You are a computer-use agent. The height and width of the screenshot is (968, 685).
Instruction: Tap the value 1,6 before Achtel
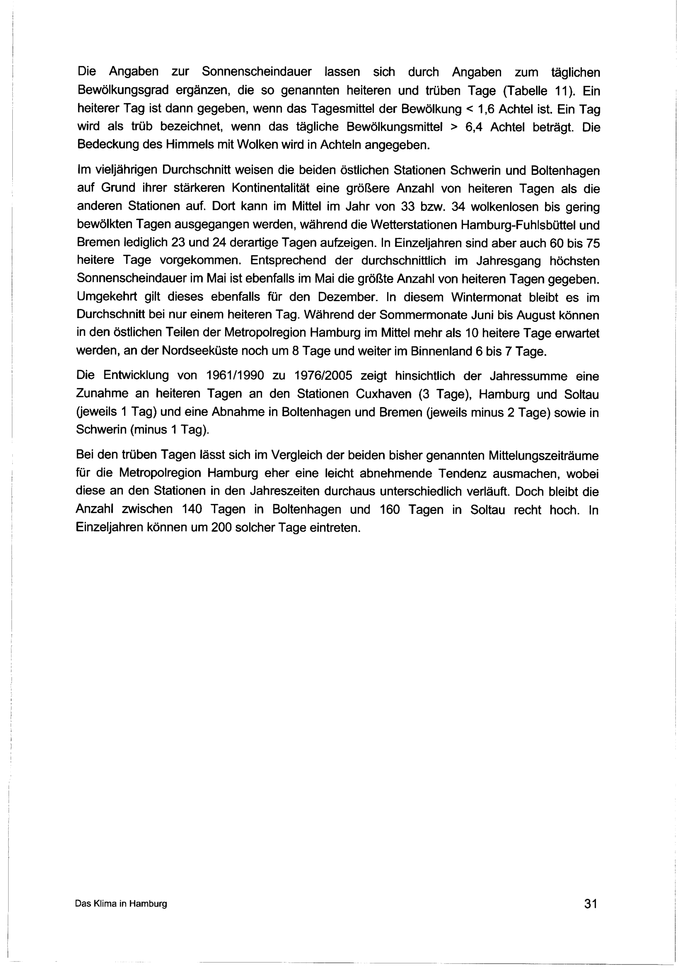click(x=485, y=109)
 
